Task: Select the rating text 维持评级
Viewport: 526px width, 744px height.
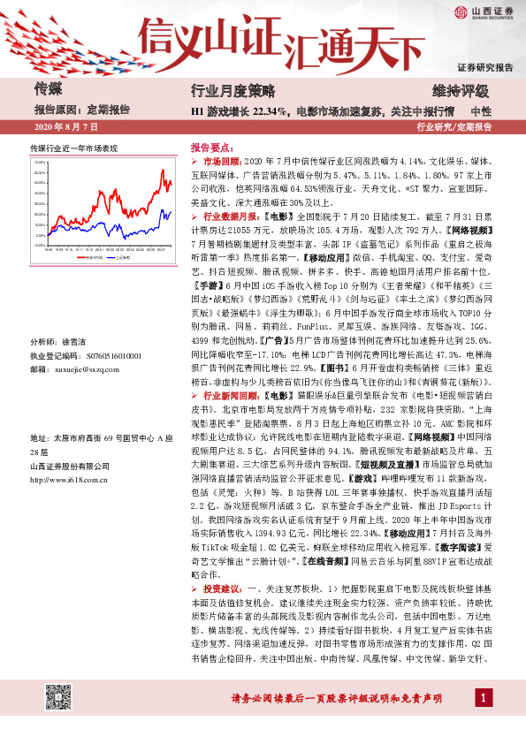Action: pos(459,90)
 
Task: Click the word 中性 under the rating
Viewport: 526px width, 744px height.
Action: pos(481,111)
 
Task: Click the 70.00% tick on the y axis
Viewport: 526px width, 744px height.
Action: pos(39,163)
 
